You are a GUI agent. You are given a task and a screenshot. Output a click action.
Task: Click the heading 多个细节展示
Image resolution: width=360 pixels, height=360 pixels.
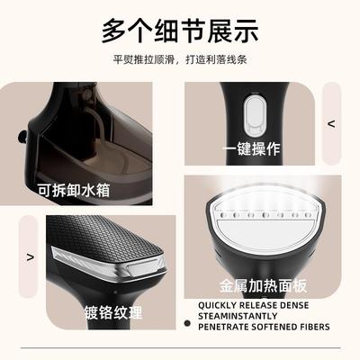tap(180, 31)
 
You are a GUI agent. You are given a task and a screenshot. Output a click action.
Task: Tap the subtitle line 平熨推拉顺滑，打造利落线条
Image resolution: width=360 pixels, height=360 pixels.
tap(180, 62)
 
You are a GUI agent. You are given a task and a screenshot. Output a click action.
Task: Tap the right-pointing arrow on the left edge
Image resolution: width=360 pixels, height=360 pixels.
tap(31, 256)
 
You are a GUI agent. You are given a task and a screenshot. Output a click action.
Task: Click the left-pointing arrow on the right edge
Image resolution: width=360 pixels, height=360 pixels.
tap(330, 124)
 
